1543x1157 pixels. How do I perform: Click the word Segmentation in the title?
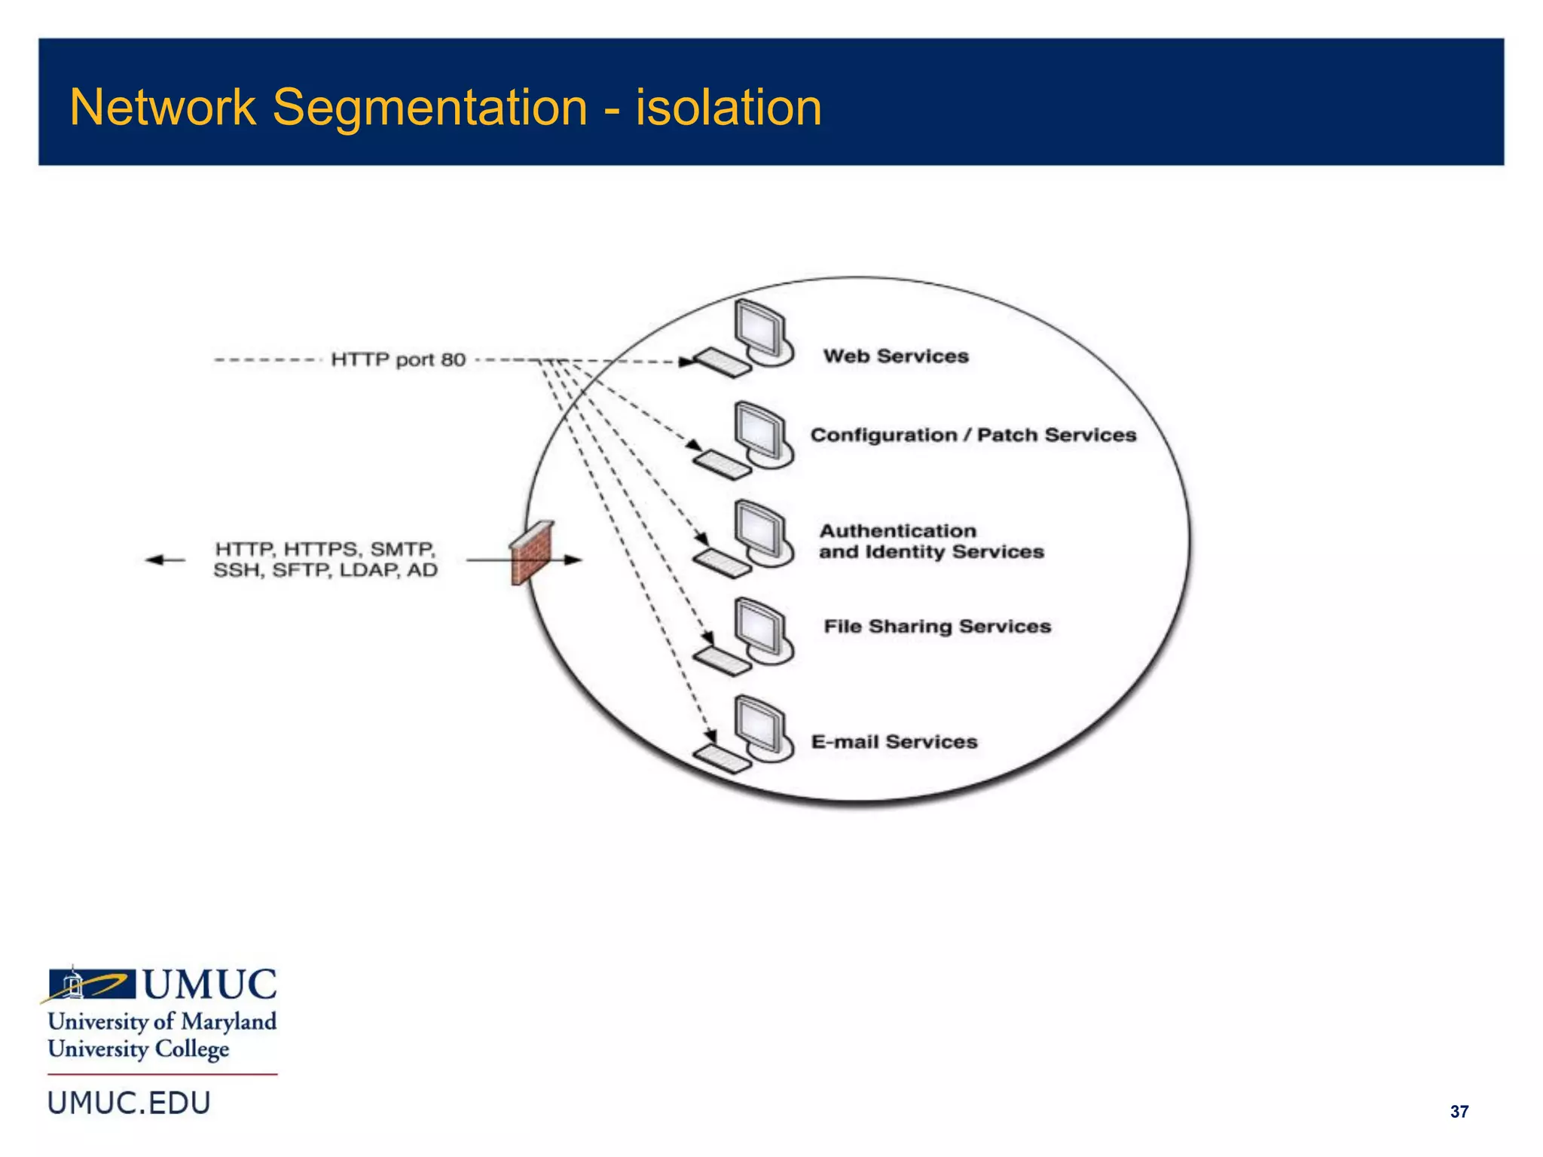pyautogui.click(x=429, y=108)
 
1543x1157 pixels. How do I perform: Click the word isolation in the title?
pyautogui.click(x=729, y=108)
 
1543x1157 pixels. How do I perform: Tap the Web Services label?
pyautogui.click(x=896, y=356)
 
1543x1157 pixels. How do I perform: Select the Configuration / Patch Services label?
pyautogui.click(x=973, y=435)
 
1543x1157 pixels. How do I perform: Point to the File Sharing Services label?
pyautogui.click(x=936, y=627)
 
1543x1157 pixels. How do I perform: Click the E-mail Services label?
pyautogui.click(x=894, y=742)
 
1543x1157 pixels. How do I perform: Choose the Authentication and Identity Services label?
pyautogui.click(x=930, y=542)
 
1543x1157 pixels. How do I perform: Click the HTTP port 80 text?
pyautogui.click(x=398, y=360)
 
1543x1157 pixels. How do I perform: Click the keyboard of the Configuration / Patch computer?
pyautogui.click(x=722, y=465)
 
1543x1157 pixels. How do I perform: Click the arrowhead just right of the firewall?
pyautogui.click(x=573, y=560)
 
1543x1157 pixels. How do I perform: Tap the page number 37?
pyautogui.click(x=1459, y=1112)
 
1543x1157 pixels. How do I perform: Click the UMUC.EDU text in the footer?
pyautogui.click(x=129, y=1103)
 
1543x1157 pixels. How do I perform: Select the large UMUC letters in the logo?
pyautogui.click(x=209, y=985)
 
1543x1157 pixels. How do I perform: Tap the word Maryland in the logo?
pyautogui.click(x=229, y=1021)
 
